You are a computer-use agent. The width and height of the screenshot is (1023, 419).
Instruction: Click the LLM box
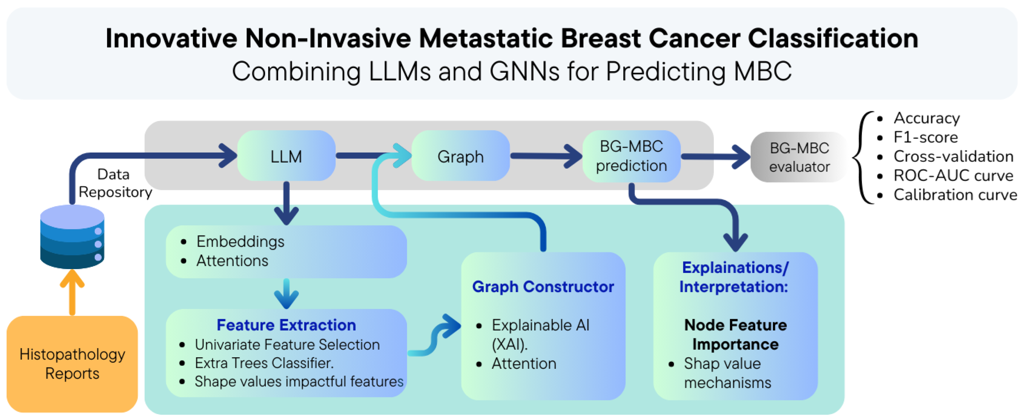click(286, 156)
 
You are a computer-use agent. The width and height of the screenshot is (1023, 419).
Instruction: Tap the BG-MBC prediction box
click(631, 156)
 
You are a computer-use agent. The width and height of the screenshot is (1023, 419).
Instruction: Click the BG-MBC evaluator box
click(799, 157)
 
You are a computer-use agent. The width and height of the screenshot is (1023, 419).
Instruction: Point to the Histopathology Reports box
click(72, 364)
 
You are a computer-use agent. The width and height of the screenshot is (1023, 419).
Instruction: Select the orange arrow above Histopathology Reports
click(72, 292)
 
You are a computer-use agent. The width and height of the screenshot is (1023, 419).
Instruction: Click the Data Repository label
click(114, 183)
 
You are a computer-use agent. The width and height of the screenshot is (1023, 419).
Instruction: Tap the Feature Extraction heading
click(286, 325)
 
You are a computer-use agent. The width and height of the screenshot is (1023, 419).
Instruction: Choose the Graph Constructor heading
click(543, 286)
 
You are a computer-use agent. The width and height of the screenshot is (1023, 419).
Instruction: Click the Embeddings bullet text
click(240, 241)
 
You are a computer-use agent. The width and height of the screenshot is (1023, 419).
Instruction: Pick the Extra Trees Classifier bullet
click(264, 363)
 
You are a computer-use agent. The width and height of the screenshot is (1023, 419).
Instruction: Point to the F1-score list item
click(925, 137)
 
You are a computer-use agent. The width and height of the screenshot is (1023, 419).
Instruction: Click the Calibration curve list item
click(955, 195)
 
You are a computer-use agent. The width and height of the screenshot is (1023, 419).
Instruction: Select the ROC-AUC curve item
click(953, 175)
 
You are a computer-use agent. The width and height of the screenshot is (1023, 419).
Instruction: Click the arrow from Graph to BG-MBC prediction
click(546, 156)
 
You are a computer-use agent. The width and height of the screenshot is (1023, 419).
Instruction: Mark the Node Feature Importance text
click(735, 334)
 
